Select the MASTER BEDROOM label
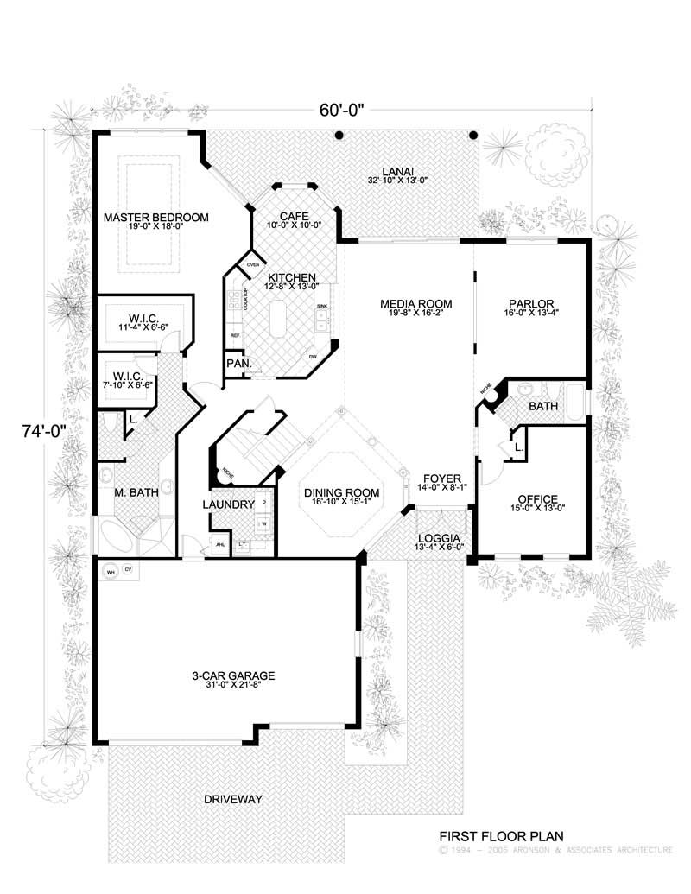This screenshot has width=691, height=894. point(155,218)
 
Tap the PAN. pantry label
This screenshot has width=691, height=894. point(238,364)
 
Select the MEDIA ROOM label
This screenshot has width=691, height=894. point(412,304)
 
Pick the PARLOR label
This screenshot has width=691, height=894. point(530,304)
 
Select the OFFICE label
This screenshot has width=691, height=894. point(537,498)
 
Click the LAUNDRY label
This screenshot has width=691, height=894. point(228,504)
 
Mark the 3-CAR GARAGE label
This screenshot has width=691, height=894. point(227,677)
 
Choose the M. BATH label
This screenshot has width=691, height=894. point(136,493)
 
